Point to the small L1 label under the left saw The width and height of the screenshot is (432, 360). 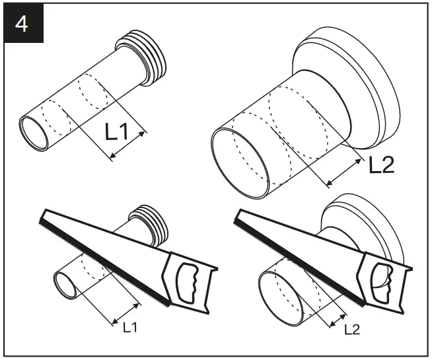[x=131, y=326]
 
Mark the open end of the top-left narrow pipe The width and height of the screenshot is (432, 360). [x=34, y=131]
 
